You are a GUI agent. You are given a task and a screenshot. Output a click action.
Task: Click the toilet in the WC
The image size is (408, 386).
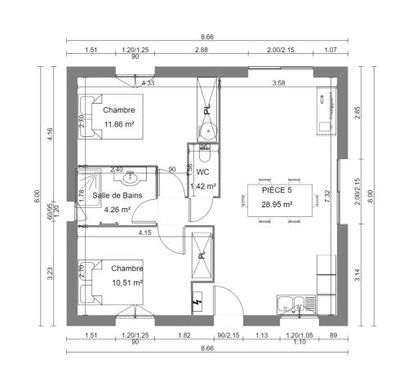[205, 153]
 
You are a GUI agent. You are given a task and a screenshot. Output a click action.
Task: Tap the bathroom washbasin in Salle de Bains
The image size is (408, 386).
[131, 178]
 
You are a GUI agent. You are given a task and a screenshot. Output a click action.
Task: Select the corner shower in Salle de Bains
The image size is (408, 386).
[89, 189]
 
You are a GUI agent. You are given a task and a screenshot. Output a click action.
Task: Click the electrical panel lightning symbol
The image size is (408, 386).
[197, 302]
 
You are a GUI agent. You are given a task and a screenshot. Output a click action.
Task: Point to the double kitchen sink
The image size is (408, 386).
[296, 304]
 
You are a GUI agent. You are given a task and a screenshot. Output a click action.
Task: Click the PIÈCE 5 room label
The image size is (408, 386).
[277, 190]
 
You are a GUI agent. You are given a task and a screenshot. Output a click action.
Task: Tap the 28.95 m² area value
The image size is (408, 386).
[277, 204]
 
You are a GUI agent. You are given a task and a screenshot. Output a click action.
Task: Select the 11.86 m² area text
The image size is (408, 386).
[119, 124]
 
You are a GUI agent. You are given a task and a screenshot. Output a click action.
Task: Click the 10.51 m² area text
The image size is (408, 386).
[127, 282]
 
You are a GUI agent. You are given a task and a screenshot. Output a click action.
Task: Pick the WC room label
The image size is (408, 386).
[203, 172]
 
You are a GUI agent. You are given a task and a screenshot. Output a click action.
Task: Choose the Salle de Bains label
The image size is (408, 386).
[118, 195]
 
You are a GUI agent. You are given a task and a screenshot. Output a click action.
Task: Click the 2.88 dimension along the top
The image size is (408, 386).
[202, 50]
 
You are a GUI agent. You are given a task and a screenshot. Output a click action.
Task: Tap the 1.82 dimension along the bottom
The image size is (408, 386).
[184, 335]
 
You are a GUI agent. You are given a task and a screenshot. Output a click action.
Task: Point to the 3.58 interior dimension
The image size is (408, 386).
[279, 83]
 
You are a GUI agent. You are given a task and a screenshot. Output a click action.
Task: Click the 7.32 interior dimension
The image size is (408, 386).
[327, 196]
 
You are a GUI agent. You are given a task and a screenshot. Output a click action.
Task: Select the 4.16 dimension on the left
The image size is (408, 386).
[50, 135]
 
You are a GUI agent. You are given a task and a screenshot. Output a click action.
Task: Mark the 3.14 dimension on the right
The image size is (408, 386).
[357, 275]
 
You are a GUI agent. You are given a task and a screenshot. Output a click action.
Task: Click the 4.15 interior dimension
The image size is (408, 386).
[144, 233]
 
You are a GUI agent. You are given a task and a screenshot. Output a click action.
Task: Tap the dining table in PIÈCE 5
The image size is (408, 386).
[280, 201]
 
